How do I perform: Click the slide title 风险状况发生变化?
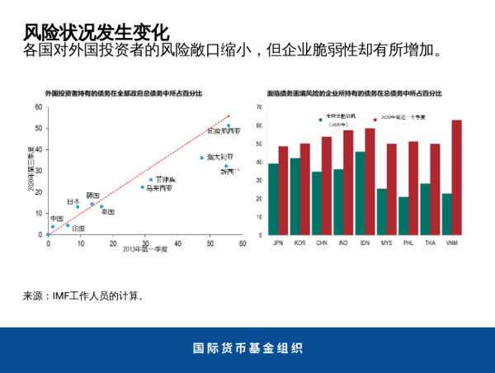click(x=97, y=32)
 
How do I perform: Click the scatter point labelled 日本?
click(x=78, y=207)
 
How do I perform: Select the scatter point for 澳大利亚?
click(x=201, y=158)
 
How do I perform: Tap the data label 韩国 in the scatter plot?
click(x=93, y=196)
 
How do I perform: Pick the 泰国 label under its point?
click(x=107, y=212)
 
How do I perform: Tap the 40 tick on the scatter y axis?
click(x=38, y=150)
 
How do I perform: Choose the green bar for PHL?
click(x=403, y=216)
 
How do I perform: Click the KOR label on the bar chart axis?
click(x=299, y=243)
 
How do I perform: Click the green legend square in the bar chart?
click(x=320, y=119)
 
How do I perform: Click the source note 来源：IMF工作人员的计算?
click(x=84, y=295)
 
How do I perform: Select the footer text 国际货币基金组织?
click(x=247, y=347)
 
